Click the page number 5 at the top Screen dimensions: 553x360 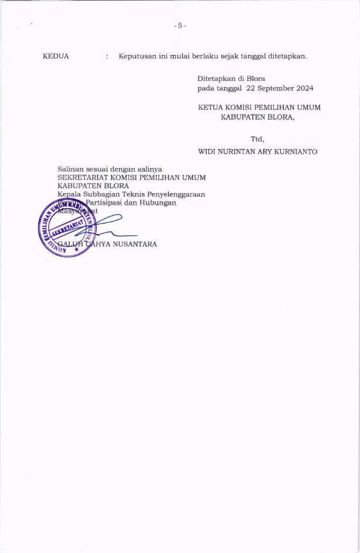point(180,26)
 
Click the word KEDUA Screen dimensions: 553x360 point(56,56)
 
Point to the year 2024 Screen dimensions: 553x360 point(304,88)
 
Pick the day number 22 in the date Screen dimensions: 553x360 point(252,88)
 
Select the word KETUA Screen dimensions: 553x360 point(210,107)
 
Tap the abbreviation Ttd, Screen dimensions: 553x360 point(258,139)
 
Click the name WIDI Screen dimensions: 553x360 point(209,151)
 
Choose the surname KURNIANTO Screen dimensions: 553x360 point(296,151)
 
